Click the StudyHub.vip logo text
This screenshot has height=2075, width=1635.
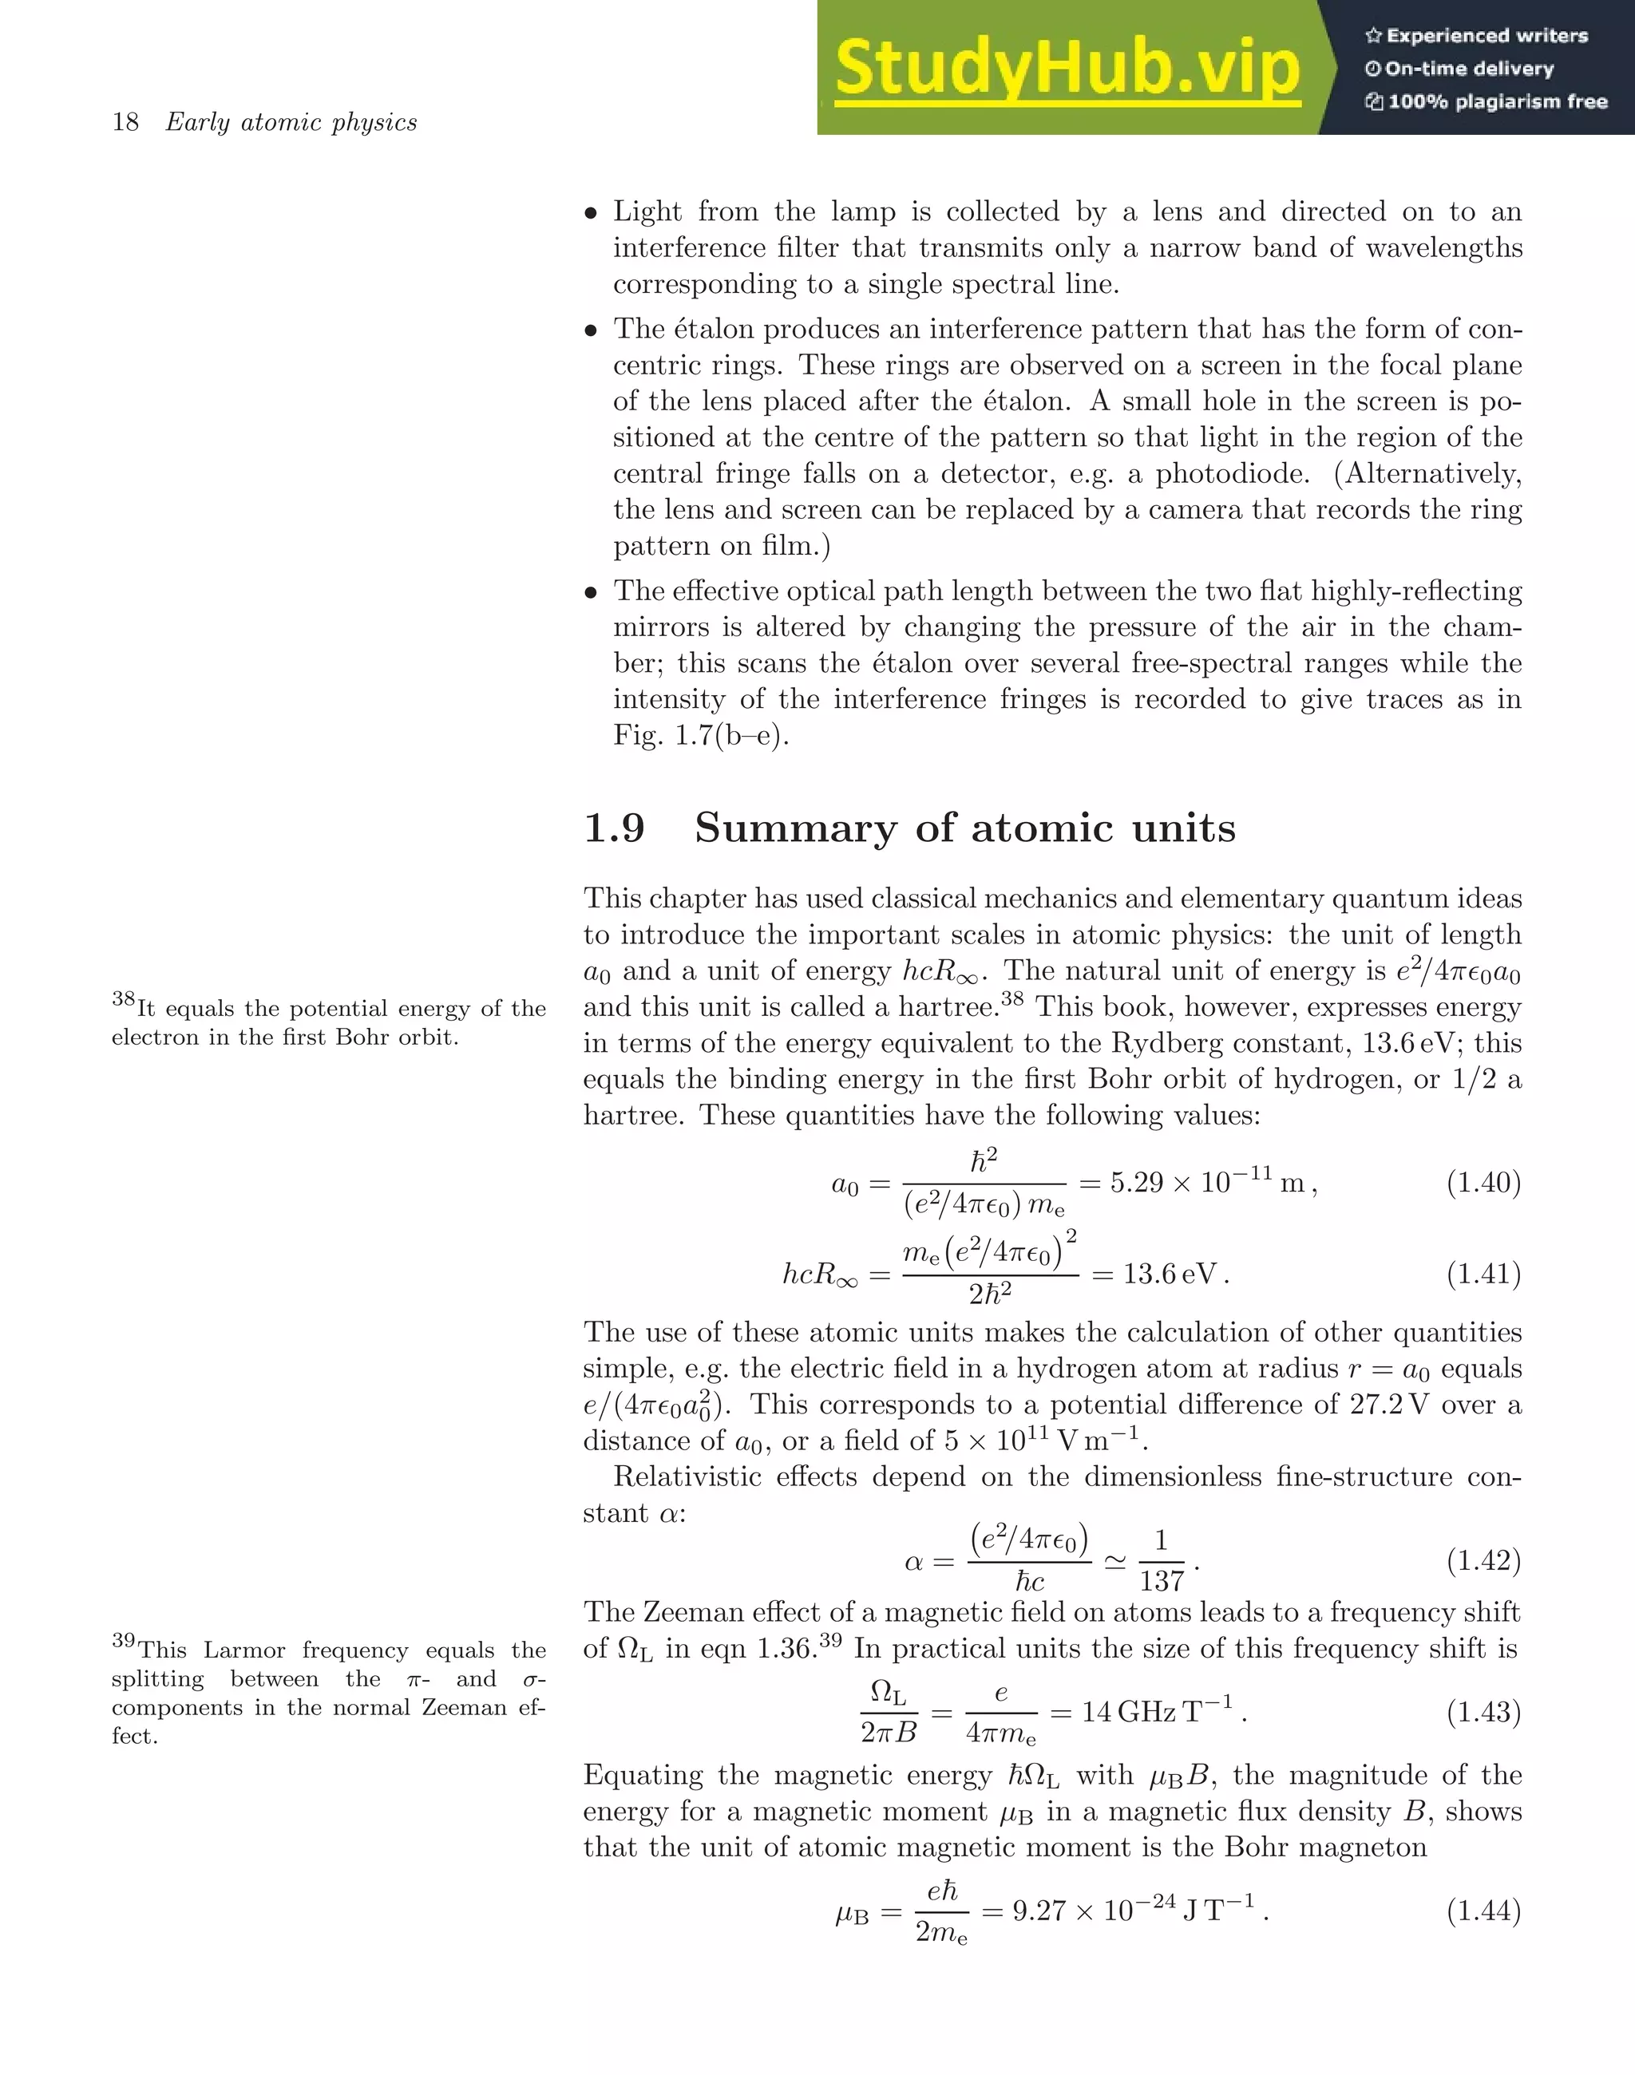tap(1067, 68)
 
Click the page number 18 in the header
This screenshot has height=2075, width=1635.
tap(125, 123)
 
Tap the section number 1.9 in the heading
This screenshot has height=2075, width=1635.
tap(614, 828)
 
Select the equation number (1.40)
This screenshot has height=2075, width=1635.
tap(1483, 1183)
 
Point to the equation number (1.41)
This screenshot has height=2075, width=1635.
tap(1483, 1274)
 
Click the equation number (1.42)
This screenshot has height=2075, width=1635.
tap(1483, 1561)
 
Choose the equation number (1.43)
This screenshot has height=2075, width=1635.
tap(1483, 1710)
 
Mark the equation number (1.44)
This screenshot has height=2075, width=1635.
tap(1483, 1911)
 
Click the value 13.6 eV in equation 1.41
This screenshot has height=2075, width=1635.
tap(1170, 1274)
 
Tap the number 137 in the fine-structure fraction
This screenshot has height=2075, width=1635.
tap(1161, 1580)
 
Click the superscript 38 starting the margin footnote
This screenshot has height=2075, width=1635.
tap(124, 1000)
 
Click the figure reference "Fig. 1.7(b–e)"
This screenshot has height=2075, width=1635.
tap(702, 736)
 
